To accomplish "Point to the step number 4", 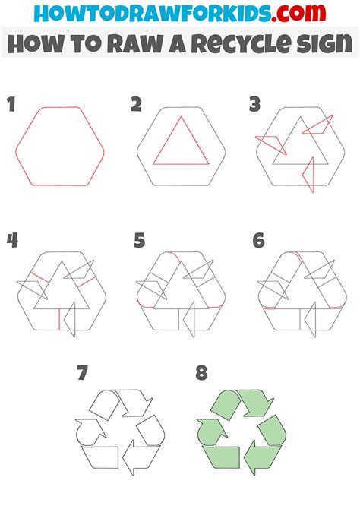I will coord(12,240).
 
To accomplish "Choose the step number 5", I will coord(139,241).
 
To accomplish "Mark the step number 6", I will coord(259,241).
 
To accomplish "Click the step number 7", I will coord(83,373).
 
